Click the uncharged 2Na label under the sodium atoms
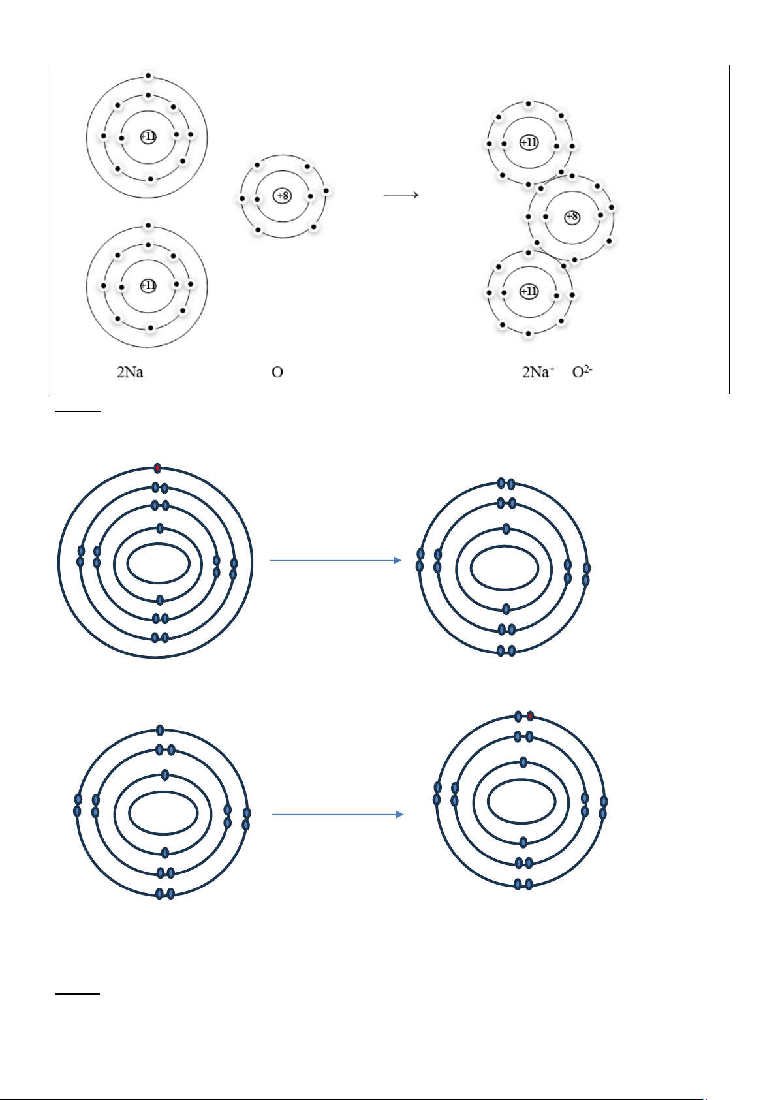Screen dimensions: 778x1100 [130, 372]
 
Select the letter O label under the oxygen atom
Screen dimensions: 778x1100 [277, 372]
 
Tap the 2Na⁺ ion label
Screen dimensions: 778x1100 [538, 371]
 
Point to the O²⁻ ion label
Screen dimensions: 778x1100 [582, 371]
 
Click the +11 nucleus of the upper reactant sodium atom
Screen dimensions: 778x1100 [148, 136]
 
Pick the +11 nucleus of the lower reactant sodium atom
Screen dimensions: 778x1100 [148, 285]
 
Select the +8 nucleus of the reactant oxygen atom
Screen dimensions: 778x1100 [282, 196]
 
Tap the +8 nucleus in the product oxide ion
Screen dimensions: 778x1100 [572, 217]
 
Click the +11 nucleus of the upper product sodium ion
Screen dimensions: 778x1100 [529, 142]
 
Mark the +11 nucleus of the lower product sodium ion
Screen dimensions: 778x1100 [529, 292]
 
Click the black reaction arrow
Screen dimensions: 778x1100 [401, 195]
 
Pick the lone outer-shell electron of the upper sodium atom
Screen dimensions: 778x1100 [148, 76]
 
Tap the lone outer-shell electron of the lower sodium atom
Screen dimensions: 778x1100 [148, 225]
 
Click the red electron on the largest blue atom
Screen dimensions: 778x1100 [157, 468]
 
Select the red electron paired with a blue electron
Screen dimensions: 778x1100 [530, 716]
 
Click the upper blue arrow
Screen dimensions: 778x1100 [335, 560]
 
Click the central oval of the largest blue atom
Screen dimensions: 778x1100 [158, 544]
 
